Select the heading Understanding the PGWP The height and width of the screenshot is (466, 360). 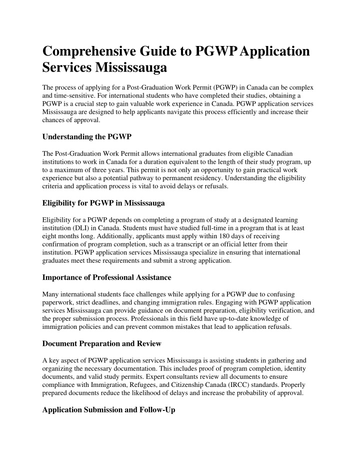point(81,136)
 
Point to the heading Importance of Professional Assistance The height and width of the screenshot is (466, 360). point(107,277)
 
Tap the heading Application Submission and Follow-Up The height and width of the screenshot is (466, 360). point(108,410)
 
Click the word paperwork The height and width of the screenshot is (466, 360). point(59,302)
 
